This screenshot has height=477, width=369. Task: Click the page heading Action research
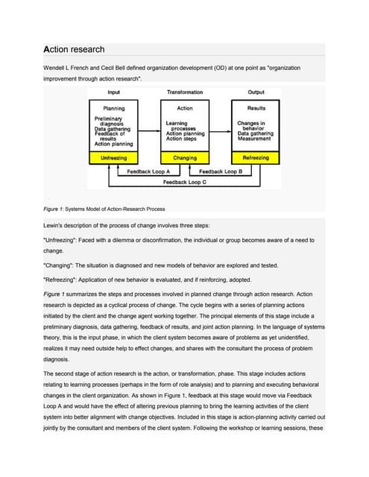tap(75, 49)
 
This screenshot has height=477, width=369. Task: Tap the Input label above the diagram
tap(114, 92)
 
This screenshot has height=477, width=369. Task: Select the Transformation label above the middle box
tap(185, 92)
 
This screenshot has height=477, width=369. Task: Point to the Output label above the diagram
tap(256, 92)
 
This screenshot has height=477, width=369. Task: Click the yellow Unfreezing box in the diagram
tap(113, 158)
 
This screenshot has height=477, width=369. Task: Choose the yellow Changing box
tap(185, 158)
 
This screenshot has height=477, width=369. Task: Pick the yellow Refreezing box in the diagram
tap(256, 158)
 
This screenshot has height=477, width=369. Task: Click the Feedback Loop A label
tap(148, 172)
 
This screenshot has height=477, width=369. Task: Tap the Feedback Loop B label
tap(221, 172)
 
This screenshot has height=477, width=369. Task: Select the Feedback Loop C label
tap(185, 182)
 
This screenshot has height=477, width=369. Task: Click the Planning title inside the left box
tap(113, 109)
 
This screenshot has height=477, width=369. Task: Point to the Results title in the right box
tap(256, 109)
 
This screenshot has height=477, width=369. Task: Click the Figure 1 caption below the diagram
tap(105, 208)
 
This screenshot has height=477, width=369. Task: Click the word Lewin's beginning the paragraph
tap(57, 224)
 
